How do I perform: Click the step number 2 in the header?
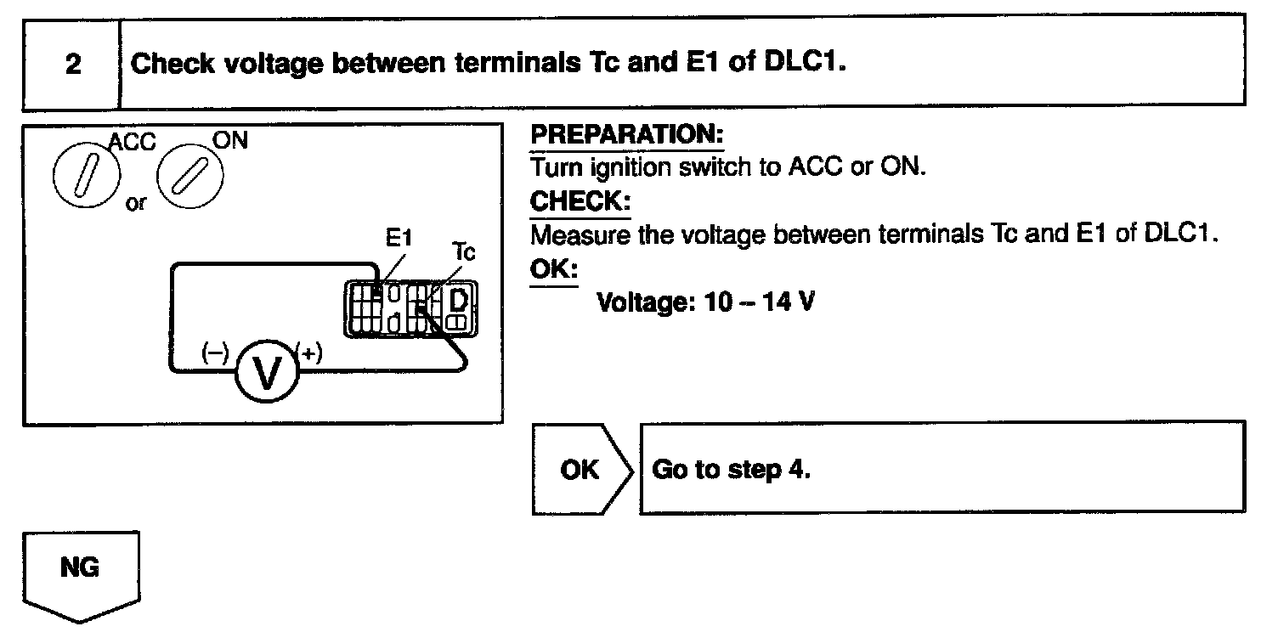73,65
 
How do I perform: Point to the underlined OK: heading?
552,270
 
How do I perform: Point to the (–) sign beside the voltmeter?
214,353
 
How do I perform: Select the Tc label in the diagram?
464,252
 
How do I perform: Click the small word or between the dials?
136,205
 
